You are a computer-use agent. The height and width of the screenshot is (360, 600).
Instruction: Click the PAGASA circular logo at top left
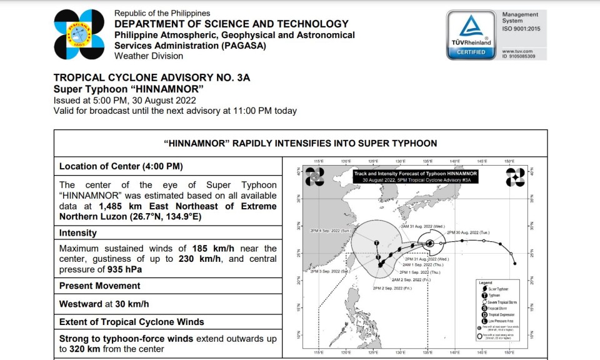point(79,34)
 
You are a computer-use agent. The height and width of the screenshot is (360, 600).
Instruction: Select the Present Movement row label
point(100,286)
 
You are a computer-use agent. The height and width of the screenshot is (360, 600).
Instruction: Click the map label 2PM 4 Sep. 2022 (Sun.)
point(328,231)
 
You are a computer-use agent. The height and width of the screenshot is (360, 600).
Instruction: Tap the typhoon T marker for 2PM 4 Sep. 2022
point(376,242)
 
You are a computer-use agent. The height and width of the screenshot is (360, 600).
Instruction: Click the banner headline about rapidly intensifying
point(300,143)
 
